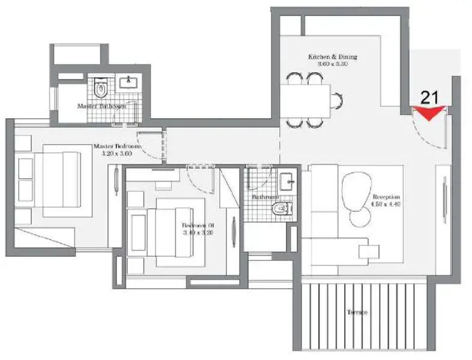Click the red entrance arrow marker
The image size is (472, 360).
(x=430, y=113)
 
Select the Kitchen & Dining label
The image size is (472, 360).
(x=333, y=57)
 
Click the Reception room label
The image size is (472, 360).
(x=386, y=197)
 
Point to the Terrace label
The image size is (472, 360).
(x=357, y=313)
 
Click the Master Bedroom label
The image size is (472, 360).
(x=116, y=146)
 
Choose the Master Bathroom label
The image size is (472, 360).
(x=101, y=106)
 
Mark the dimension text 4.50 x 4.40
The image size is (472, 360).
(x=386, y=204)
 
